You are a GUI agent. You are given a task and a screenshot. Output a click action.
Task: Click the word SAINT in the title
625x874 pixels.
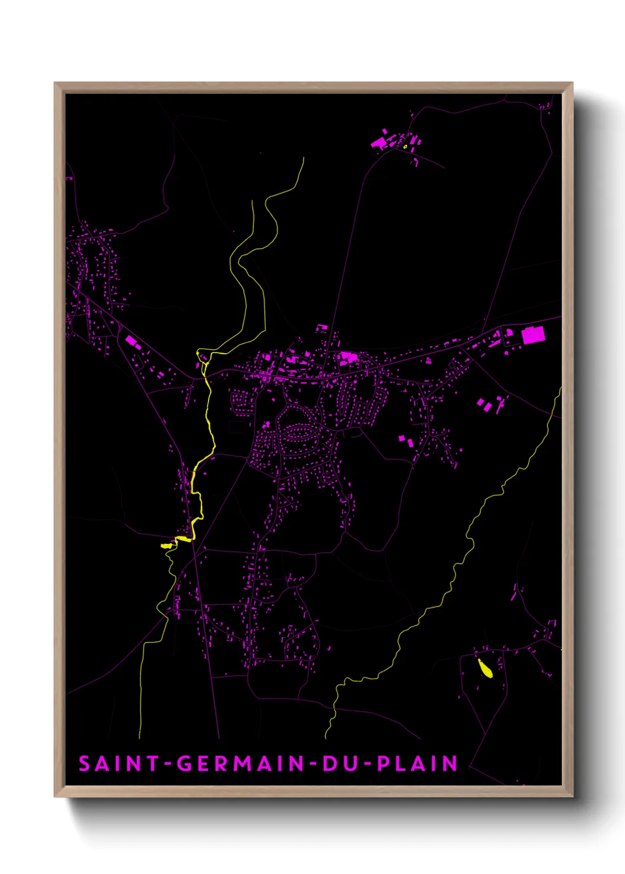click(x=119, y=764)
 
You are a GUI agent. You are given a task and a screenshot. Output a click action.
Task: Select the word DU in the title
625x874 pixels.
click(x=340, y=764)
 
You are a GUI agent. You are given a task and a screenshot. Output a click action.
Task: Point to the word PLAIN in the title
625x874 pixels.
click(x=418, y=764)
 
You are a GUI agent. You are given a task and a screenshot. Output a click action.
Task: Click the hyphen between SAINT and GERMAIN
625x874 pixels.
click(x=168, y=764)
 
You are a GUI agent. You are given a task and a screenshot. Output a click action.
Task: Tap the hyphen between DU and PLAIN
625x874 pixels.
click(x=367, y=764)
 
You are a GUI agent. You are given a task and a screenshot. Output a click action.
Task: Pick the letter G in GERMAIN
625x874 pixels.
click(x=185, y=764)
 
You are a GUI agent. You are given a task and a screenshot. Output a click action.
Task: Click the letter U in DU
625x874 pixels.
click(x=350, y=764)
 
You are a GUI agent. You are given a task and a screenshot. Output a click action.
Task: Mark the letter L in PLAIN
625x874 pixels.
click(x=402, y=764)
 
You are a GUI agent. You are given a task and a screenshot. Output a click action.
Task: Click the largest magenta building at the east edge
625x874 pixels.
click(x=532, y=335)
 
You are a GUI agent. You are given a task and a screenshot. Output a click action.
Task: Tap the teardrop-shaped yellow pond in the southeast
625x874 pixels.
click(x=486, y=668)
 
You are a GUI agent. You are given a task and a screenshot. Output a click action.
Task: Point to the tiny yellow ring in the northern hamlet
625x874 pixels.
click(x=405, y=146)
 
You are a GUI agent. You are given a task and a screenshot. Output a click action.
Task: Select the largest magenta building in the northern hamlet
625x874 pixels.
click(x=377, y=142)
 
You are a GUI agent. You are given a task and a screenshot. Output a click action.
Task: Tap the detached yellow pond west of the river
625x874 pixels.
click(x=166, y=546)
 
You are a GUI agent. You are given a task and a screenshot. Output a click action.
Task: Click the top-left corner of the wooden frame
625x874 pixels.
click(x=55, y=83)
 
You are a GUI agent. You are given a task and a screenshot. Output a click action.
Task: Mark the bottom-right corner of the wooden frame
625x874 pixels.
click(x=572, y=796)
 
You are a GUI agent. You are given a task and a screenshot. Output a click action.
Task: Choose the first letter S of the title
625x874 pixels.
click(x=84, y=764)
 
